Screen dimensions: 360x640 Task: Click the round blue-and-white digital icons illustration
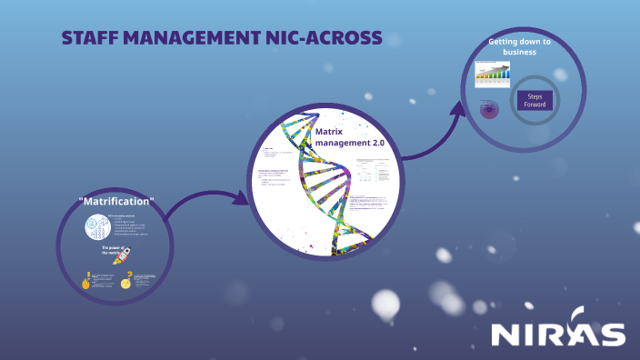coord(95,228)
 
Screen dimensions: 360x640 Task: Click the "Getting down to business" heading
coord(519,47)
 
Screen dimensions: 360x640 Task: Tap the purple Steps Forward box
coord(535,100)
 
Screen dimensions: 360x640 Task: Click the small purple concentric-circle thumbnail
coord(490,108)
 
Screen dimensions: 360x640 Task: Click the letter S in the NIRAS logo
coord(612,334)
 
